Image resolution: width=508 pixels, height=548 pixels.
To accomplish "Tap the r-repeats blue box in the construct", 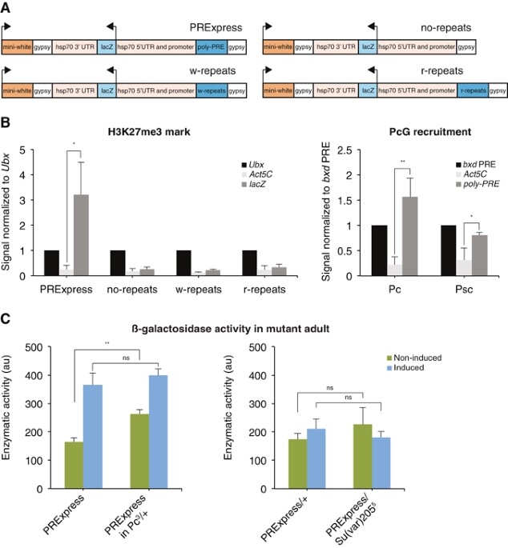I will (473, 93).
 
